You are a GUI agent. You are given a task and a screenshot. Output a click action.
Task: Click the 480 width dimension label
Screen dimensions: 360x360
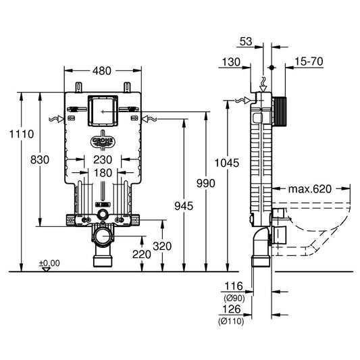103,70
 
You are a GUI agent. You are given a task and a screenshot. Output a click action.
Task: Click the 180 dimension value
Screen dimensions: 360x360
103,173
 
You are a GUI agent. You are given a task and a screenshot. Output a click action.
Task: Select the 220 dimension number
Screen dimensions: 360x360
140,255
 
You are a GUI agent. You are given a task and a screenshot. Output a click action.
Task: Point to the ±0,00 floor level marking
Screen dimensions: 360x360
49,263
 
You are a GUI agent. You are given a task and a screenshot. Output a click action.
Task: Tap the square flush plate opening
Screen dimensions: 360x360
103,109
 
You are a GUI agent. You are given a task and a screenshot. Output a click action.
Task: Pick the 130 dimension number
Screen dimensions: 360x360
231,62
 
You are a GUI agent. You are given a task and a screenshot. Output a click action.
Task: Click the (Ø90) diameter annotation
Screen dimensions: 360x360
233,298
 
